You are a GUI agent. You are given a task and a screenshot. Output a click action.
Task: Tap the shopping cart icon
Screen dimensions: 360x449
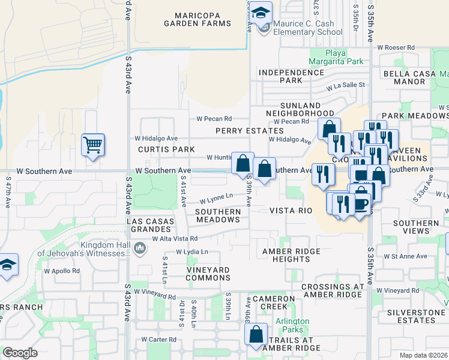93,145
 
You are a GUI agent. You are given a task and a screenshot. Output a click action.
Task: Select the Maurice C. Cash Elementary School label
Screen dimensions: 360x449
307,28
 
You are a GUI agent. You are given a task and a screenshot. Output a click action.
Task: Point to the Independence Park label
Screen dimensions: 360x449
292,76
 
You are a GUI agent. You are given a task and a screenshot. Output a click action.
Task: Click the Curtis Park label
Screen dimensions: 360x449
166,149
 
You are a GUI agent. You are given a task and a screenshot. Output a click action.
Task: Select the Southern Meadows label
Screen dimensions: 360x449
218,215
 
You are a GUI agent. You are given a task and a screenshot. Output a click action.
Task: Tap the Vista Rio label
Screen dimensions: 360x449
291,211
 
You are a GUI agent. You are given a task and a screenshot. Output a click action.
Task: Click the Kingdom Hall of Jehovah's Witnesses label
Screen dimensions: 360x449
84,249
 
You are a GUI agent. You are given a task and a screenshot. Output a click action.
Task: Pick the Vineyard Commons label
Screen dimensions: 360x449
208,274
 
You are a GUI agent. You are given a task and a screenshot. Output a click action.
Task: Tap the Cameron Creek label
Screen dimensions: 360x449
274,302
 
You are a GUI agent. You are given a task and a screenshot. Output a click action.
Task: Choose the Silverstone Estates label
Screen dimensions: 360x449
414,316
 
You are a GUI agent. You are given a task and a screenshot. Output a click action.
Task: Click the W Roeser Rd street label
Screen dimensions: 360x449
396,47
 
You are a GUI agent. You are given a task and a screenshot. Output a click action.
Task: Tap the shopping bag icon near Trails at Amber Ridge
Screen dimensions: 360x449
256,337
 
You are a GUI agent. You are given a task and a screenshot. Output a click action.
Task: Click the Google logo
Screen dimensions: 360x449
20,353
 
